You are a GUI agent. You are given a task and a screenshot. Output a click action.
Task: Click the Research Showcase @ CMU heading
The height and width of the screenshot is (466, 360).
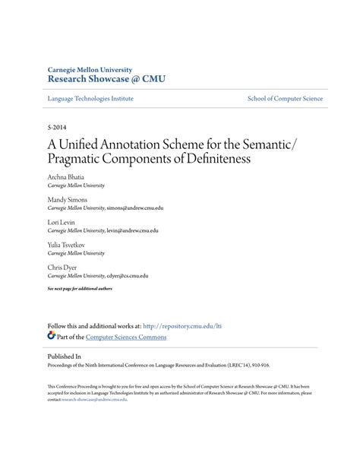tap(106, 78)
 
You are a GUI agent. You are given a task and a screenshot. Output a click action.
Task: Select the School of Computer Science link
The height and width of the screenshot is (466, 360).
tap(285, 99)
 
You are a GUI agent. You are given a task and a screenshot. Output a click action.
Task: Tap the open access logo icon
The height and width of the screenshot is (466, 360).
tap(51, 335)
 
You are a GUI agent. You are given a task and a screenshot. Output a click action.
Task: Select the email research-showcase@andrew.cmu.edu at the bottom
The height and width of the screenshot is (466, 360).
tap(94, 399)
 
